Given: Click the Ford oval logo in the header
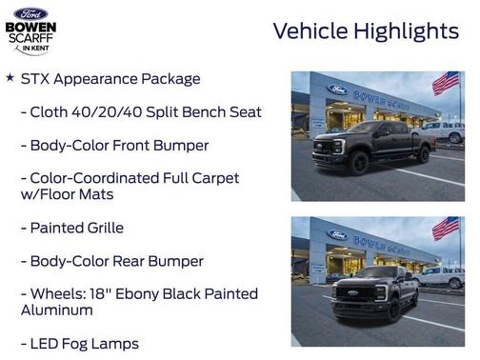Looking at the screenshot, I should pos(30,13).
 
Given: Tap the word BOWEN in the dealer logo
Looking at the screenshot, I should pos(30,28).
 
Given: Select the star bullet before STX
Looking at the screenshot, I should pos(10,77).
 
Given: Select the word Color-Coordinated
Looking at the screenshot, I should pos(102,178).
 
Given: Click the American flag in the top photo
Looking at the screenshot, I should pos(445,83).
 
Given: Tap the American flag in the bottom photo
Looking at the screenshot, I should pos(445,229).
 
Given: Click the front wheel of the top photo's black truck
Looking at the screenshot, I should pos(358,164).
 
